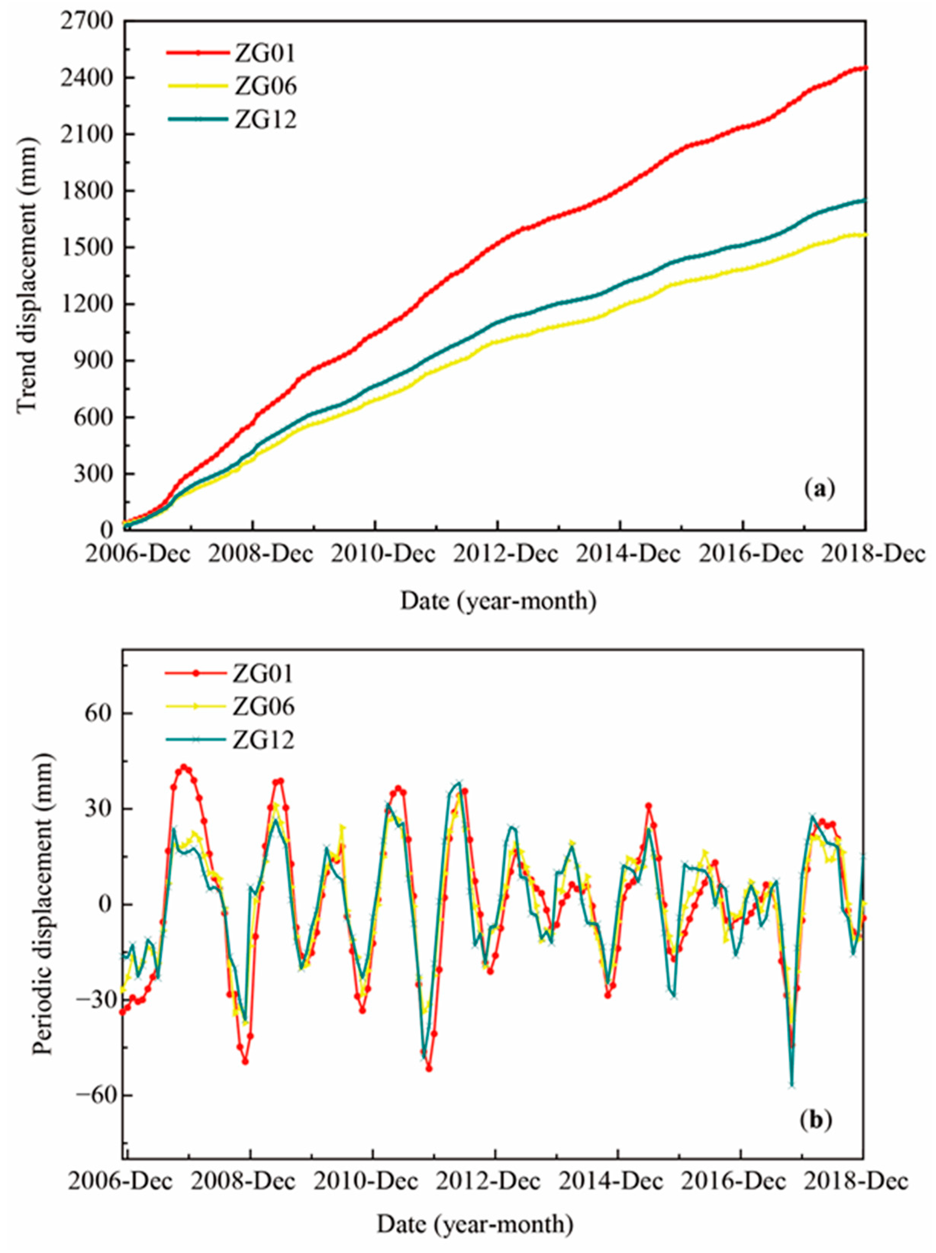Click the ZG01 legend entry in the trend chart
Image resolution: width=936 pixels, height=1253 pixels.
tap(264, 53)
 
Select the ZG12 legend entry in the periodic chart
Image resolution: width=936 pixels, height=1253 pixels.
tap(263, 739)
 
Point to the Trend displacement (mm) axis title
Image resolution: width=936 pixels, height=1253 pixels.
tap(27, 278)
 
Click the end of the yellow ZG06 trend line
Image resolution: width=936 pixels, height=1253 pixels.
tap(865, 235)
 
